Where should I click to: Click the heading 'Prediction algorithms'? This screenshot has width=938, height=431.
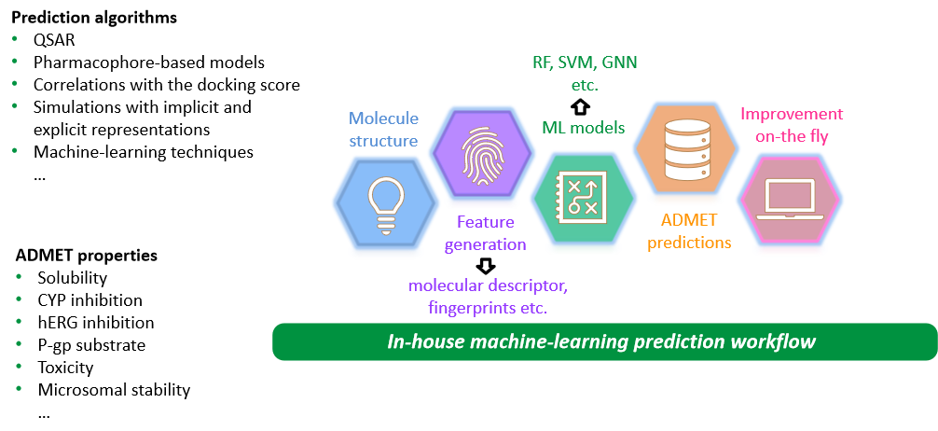(x=93, y=18)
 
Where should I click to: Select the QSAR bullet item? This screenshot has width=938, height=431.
(x=53, y=40)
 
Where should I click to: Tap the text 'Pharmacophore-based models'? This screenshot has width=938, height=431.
(x=149, y=63)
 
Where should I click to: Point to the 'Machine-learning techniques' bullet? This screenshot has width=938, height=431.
(x=144, y=151)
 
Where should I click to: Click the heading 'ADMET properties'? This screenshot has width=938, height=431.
(x=87, y=255)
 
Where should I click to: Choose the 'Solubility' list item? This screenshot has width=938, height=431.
(x=73, y=278)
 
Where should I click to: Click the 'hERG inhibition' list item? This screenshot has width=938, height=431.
(x=96, y=323)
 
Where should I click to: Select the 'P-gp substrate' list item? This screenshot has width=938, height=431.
(x=91, y=345)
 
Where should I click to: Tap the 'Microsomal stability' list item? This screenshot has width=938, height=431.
(x=114, y=390)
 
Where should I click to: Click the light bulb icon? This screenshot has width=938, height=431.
(x=384, y=200)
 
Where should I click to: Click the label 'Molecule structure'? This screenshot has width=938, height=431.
(x=384, y=129)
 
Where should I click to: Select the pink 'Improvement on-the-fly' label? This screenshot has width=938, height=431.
(x=790, y=125)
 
